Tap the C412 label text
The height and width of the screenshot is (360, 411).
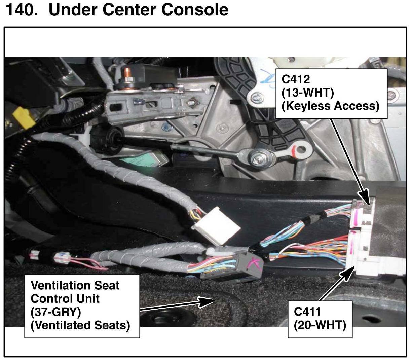pos(296,79)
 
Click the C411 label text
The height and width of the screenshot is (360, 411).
pos(307,312)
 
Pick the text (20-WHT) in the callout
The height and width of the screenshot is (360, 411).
pos(320,325)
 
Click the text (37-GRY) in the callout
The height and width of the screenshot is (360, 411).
pos(56,312)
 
